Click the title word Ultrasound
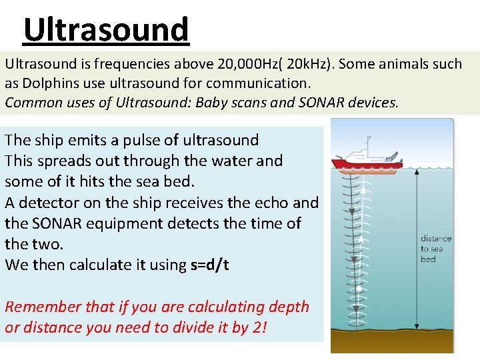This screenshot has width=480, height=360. [106, 29]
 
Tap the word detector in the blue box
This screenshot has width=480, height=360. [43, 203]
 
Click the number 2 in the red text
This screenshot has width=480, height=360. [259, 327]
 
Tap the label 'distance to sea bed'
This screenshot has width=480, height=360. [435, 249]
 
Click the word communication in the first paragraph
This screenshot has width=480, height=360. [257, 84]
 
